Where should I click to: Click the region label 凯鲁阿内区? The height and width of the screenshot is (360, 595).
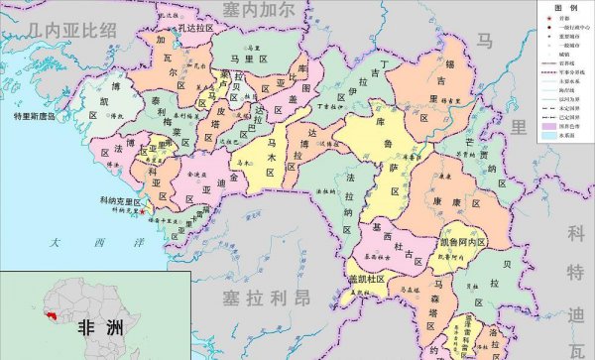coord(461,242)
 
